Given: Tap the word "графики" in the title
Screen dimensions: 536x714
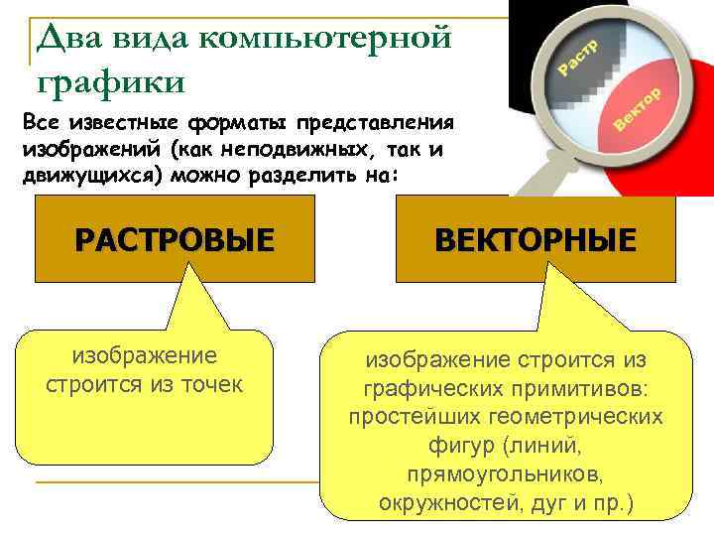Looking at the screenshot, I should (x=109, y=76).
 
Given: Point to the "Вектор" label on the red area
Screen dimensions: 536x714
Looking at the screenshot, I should (x=637, y=109).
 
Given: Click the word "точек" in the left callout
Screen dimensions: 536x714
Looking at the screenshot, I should (x=208, y=384).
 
